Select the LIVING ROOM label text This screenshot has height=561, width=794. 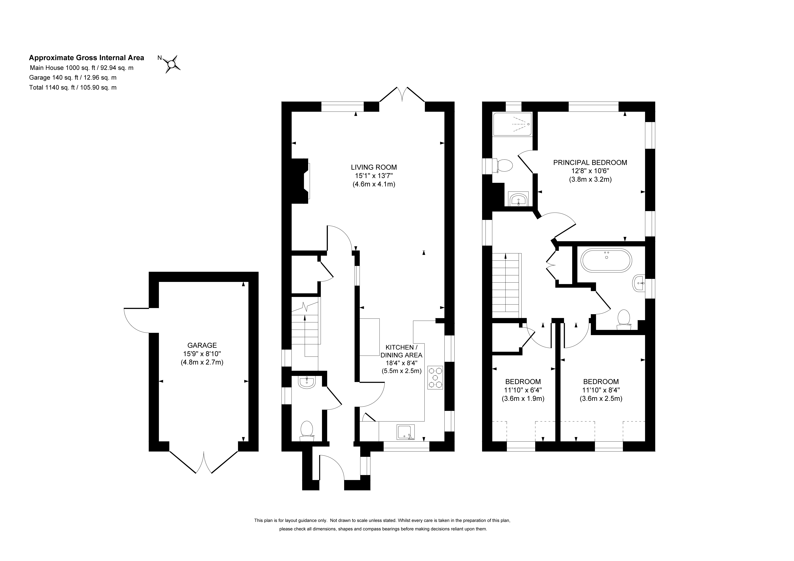374,167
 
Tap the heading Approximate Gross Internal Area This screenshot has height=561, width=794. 86,58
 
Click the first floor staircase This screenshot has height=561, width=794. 506,285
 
